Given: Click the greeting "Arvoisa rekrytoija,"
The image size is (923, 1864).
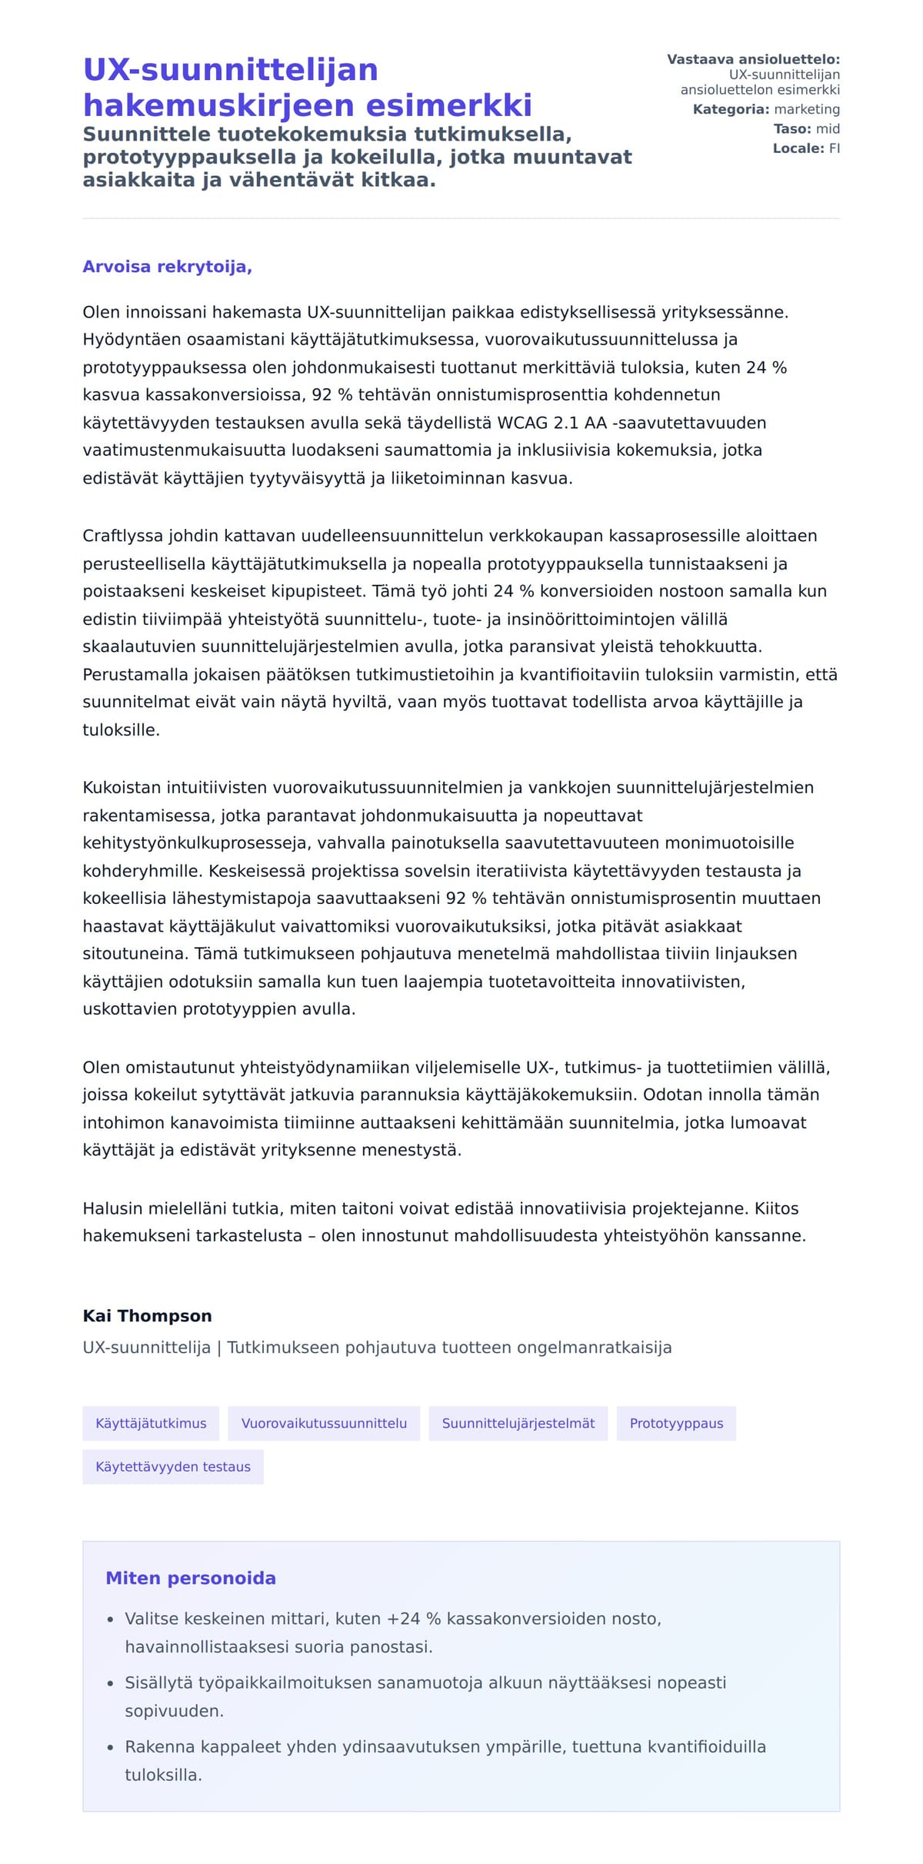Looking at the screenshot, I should point(167,267).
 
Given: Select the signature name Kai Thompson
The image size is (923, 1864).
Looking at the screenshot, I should point(147,1315).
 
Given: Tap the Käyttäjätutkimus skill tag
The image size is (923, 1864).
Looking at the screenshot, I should point(151,1423).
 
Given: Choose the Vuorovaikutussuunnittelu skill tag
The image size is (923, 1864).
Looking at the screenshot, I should point(324,1423).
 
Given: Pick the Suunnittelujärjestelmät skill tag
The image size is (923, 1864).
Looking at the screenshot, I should point(518,1423).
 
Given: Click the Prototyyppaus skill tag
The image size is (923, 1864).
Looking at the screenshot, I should point(676,1423).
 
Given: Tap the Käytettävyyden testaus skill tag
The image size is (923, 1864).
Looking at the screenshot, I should point(173,1466).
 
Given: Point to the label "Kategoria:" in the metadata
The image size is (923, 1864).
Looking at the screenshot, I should point(731,110).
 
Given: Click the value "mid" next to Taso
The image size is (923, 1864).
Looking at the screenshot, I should point(828,129).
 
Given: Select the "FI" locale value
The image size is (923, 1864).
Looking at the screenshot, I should point(834,148).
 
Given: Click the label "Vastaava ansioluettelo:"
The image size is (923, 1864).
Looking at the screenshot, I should point(753,59).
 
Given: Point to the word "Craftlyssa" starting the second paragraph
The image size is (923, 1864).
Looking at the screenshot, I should point(123,536).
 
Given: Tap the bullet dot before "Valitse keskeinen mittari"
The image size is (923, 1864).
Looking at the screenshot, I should point(110,1620).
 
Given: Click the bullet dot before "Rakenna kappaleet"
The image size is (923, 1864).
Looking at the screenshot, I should point(110,1747).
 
